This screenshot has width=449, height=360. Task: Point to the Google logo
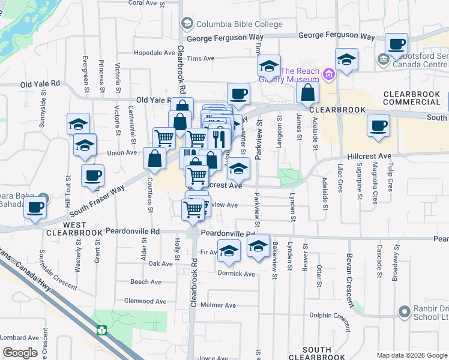click(20, 353)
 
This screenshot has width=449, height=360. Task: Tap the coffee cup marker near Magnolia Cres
click(378, 126)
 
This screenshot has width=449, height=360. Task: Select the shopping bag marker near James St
click(307, 92)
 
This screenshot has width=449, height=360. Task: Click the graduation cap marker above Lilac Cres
click(346, 59)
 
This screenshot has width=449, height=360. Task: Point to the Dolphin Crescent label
click(329, 315)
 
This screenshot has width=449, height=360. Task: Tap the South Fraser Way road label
click(96, 199)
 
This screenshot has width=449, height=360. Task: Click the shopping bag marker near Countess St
click(155, 158)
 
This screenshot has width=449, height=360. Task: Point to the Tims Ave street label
click(200, 59)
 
